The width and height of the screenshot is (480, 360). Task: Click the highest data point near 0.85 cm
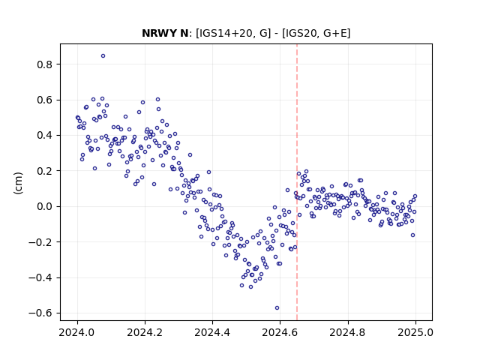103,56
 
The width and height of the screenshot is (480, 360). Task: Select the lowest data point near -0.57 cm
277,308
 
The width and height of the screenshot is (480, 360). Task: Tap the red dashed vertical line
297,182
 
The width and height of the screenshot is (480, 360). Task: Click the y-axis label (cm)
18,183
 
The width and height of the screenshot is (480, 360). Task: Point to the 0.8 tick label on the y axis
44,64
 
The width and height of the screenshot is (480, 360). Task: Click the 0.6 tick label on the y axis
44,100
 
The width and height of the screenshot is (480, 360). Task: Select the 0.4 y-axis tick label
44,135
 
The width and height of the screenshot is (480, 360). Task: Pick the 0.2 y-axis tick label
44,171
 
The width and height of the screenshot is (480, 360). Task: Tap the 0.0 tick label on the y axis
44,207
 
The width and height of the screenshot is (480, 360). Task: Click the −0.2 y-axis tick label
40,242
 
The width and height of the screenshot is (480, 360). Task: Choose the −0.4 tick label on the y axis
40,278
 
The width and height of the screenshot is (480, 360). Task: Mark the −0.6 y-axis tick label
40,313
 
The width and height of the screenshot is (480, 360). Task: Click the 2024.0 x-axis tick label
77,332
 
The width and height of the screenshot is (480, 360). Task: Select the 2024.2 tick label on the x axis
145,332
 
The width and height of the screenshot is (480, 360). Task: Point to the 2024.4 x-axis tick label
212,332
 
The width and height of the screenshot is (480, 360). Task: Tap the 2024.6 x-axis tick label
280,332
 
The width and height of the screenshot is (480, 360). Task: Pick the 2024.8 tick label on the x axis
348,332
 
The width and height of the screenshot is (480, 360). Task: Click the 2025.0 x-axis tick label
415,332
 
